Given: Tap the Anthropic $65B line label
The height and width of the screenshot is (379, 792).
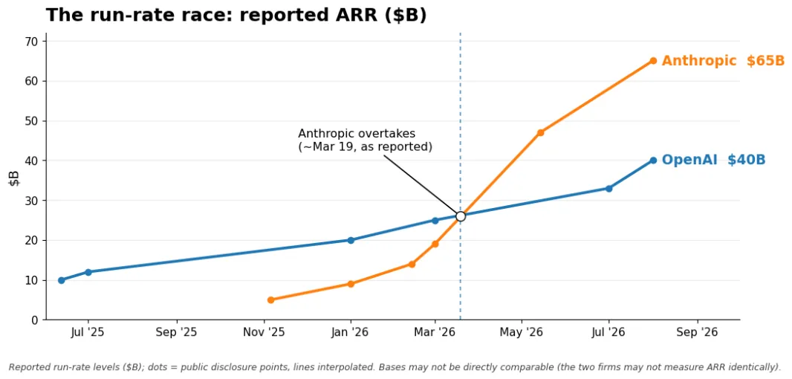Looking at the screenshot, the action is point(724,61).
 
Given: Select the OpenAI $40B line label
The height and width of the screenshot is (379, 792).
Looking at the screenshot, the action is point(714,160).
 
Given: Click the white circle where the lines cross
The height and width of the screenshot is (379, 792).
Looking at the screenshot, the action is point(460,216).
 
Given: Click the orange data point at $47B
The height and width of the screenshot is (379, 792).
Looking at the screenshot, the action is point(540,132).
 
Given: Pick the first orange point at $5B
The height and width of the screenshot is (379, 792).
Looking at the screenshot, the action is point(270,299).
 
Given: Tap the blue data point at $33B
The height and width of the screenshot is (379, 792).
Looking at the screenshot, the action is point(608,189).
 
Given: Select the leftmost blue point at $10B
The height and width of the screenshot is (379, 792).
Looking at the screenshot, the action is point(61,280).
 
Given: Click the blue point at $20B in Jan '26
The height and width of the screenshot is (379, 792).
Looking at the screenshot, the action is point(351,240).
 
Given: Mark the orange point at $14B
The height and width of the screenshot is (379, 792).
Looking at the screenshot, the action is point(412,264).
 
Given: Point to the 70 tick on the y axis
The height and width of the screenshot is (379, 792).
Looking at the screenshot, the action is point(33,41).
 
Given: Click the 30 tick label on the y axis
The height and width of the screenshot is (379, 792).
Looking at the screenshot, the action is point(33,200).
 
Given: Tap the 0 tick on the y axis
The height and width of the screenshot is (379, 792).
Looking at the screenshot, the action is point(36,320).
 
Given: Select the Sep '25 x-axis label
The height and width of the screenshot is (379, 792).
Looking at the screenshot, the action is point(176,332).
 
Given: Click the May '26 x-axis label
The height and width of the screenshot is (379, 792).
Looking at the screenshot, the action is point(522,332).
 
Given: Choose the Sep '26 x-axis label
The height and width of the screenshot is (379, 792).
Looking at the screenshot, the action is point(698,332).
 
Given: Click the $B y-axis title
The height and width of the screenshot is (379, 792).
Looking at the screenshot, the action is point(14,178).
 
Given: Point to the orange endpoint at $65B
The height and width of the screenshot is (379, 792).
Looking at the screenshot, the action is point(653,61).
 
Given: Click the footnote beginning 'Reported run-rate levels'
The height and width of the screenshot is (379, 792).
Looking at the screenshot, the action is point(395,367).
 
